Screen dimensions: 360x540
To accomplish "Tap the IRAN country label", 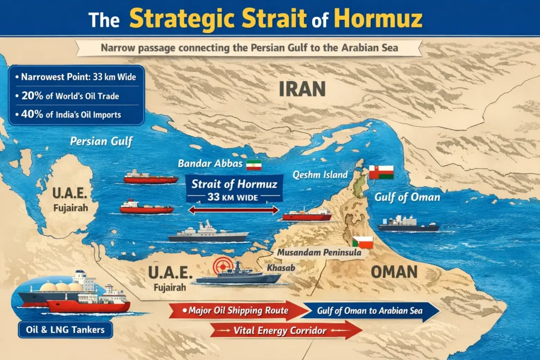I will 302,89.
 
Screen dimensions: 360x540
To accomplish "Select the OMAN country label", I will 393,271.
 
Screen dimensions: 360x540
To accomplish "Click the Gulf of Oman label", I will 407,197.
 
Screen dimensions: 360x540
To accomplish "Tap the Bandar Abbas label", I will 210,163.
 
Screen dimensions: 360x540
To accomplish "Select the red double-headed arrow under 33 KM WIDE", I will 234,210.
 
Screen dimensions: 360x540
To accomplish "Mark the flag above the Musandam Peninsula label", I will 363,242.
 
